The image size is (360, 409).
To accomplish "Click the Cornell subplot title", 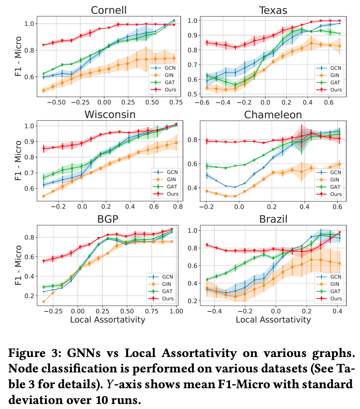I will [x=109, y=10].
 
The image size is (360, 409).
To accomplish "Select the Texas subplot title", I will [x=273, y=10].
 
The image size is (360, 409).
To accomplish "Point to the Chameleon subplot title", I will [x=273, y=115].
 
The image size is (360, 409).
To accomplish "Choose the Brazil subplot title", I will [x=273, y=219].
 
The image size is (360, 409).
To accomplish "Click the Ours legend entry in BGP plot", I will [x=163, y=298].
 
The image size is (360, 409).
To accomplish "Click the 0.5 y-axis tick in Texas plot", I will [x=193, y=94].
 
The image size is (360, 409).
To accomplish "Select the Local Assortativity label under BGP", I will [x=108, y=319].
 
